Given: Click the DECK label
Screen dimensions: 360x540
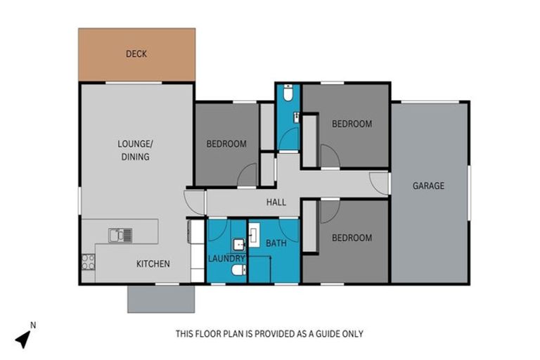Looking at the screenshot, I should pos(136,53).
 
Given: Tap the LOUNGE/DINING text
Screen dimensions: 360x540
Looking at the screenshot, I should pos(134,150).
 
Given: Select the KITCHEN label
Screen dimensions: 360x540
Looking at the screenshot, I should pos(153,264).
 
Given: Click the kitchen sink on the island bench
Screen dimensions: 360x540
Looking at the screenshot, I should pos(120,234).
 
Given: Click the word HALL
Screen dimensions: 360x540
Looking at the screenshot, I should pos(276,202).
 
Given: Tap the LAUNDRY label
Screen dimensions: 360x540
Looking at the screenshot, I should pos(226,259).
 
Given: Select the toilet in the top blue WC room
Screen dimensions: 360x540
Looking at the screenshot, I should pos(288,93).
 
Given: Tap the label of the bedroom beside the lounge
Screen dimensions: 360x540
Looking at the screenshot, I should pos(226,144).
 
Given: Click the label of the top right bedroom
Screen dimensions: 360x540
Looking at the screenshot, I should pos(352,124).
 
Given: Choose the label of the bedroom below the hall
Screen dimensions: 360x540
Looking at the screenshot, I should pos(352,238).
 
